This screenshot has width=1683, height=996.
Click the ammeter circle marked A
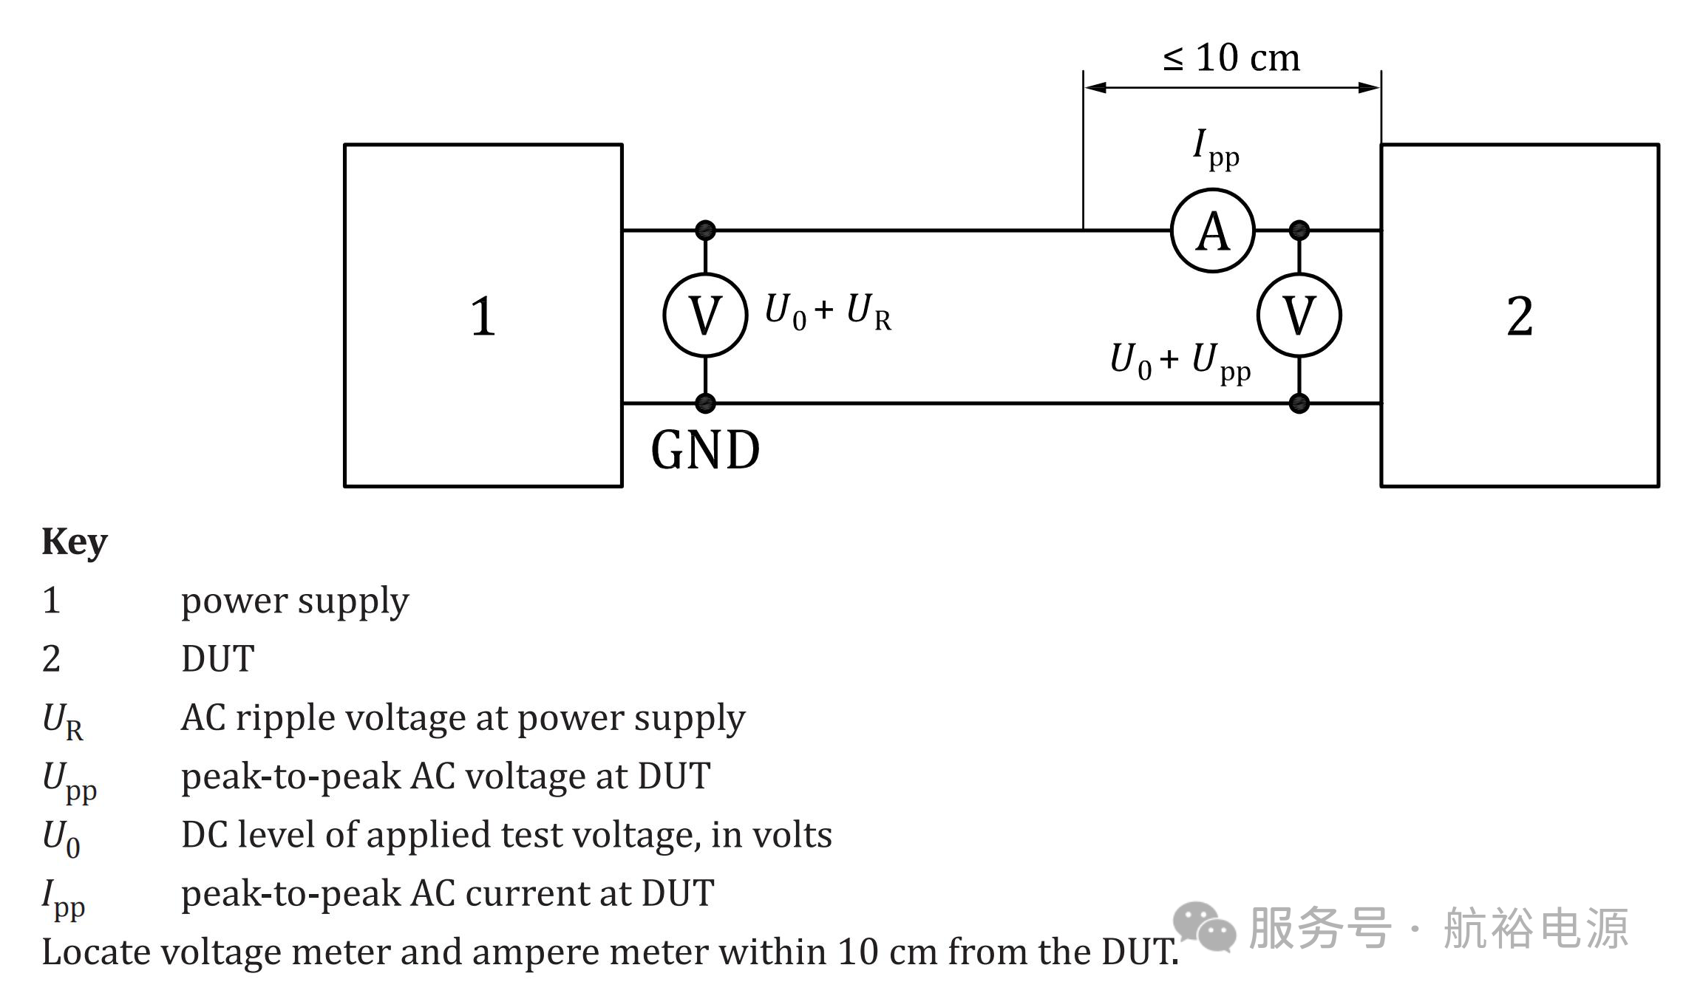point(1212,231)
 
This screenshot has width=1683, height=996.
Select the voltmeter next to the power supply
point(705,315)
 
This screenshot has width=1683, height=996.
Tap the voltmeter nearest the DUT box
point(1299,315)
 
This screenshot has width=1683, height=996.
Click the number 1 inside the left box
point(483,316)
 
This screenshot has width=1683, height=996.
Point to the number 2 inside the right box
point(1520,316)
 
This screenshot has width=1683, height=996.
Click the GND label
point(705,450)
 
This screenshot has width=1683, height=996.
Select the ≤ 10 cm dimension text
point(1231,58)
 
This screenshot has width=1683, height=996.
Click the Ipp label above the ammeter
point(1216,148)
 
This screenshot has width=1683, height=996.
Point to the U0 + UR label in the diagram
point(828,311)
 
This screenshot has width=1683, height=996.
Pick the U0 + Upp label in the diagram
point(1180,362)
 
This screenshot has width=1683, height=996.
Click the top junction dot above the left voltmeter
point(705,230)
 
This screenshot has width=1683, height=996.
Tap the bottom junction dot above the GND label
point(705,403)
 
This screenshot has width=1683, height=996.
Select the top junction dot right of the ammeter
point(1299,230)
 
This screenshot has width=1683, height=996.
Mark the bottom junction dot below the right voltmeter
point(1299,403)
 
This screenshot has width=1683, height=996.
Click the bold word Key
point(75,542)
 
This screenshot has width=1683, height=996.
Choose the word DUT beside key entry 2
point(218,658)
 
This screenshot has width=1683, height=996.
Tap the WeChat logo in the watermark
point(1203,927)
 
